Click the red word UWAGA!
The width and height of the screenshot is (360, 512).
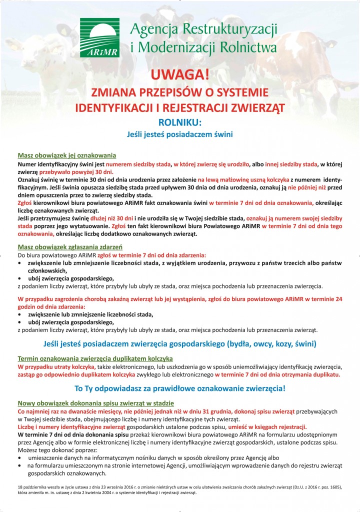pyautogui.click(x=179, y=74)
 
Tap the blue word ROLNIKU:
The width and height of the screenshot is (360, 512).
pyautogui.click(x=179, y=122)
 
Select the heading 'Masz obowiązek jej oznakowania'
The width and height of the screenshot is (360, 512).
pyautogui.click(x=67, y=155)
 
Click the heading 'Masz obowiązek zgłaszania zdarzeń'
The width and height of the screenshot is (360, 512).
pyautogui.click(x=70, y=247)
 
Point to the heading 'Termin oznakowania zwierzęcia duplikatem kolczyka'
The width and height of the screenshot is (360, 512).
pyautogui.click(x=95, y=358)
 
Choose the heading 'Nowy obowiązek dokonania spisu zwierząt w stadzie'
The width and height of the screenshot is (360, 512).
pyautogui.click(x=95, y=403)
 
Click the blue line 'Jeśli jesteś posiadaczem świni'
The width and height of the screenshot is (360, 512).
pyautogui.click(x=179, y=134)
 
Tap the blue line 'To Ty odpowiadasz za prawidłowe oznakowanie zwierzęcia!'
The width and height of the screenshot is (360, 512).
pyautogui.click(x=179, y=388)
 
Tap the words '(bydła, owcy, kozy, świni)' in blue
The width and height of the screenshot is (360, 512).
pyautogui.click(x=271, y=344)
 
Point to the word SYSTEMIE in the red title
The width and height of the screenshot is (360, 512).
pyautogui.click(x=239, y=92)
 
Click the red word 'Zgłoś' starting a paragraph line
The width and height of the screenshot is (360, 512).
pyautogui.click(x=25, y=202)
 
